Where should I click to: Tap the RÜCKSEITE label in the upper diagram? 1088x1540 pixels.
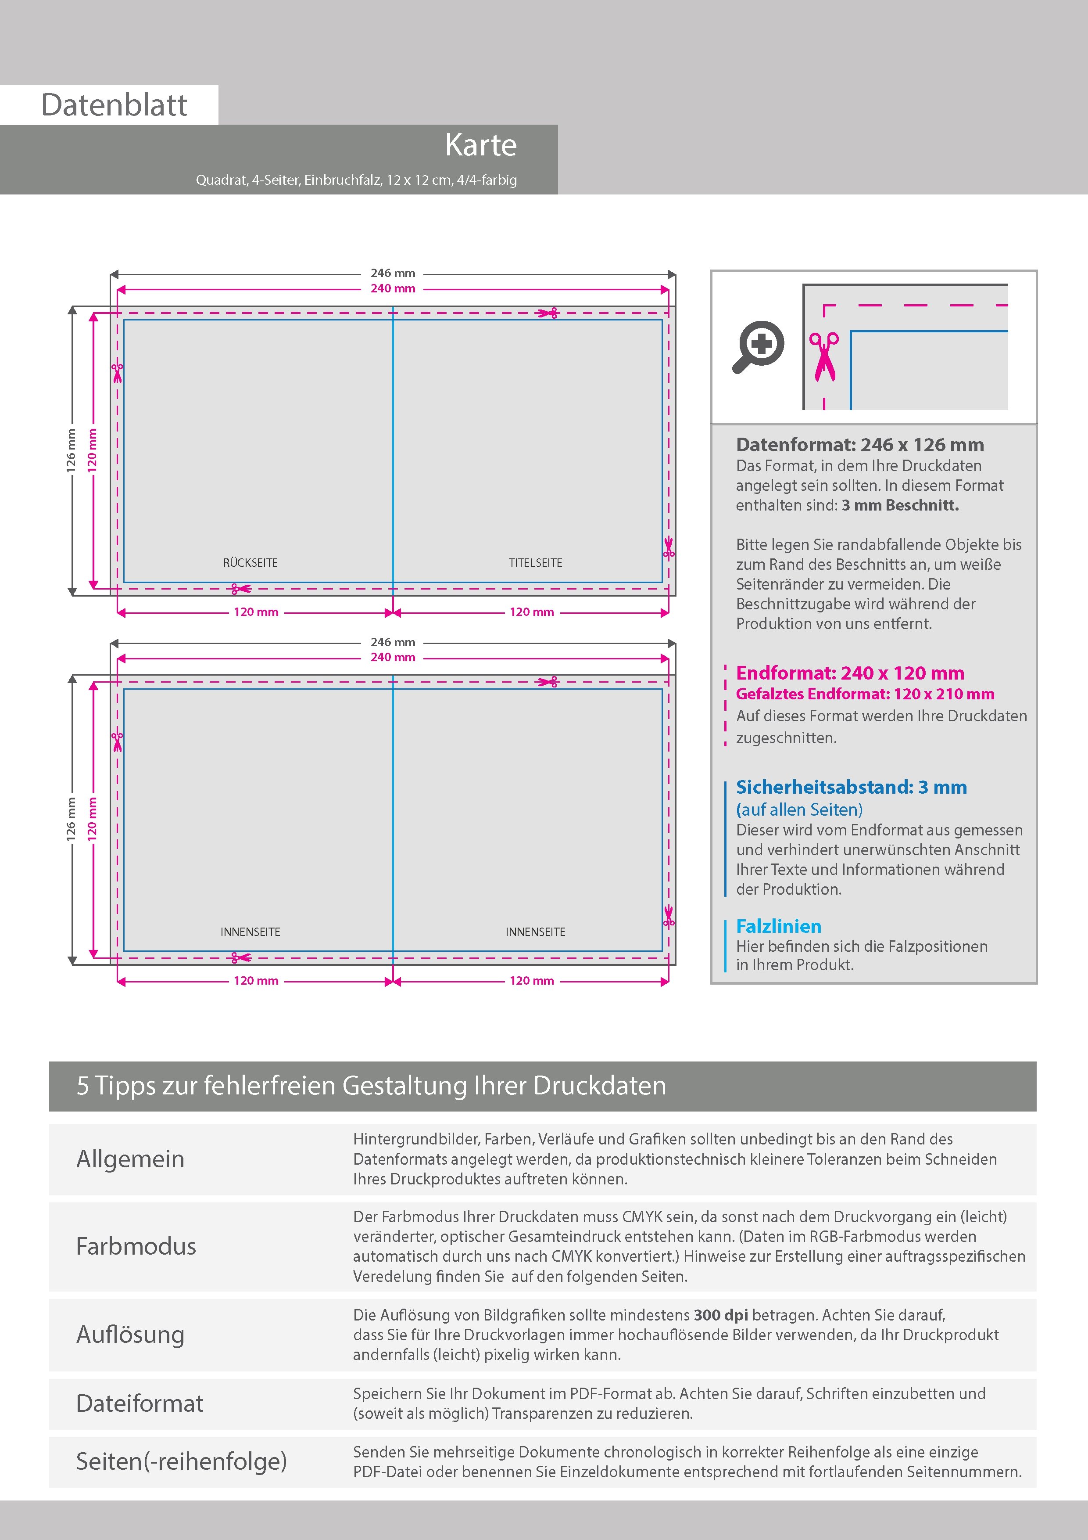point(250,563)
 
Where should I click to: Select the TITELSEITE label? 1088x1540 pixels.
point(535,563)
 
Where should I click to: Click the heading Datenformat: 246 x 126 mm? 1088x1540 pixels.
point(859,445)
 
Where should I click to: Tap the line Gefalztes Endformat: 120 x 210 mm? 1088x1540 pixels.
point(865,694)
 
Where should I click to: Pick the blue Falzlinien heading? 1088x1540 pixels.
point(778,926)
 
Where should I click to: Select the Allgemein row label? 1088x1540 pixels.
point(130,1159)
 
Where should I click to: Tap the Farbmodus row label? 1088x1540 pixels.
point(136,1246)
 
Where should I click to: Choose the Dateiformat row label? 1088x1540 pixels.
point(140,1403)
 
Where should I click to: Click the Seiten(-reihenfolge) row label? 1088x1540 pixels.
point(181,1461)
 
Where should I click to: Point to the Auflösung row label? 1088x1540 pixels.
point(130,1334)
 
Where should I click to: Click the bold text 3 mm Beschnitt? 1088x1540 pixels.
point(900,505)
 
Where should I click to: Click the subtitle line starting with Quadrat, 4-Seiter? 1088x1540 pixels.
point(356,180)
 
